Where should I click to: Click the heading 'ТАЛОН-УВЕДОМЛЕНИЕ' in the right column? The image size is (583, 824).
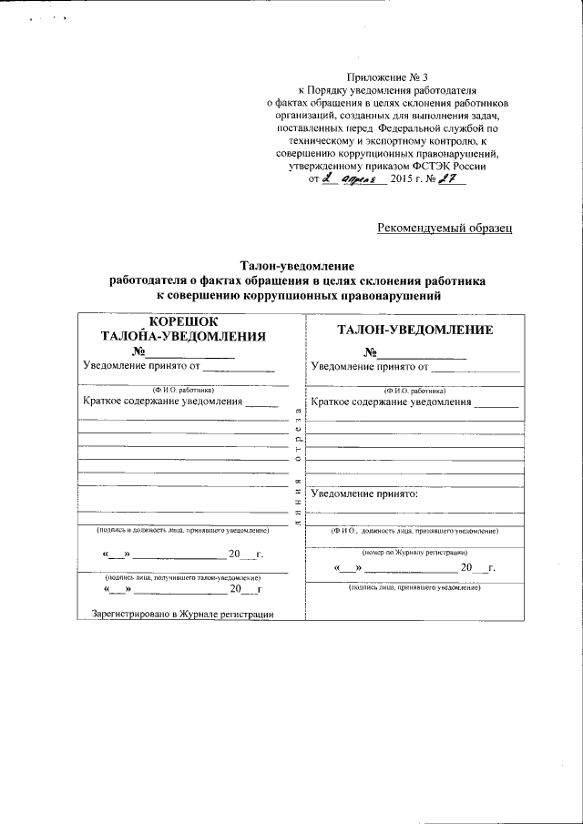click(415, 331)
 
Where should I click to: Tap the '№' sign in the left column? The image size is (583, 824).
click(138, 352)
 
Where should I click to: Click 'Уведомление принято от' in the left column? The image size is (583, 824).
click(140, 367)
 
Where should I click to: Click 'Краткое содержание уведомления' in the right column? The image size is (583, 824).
click(391, 402)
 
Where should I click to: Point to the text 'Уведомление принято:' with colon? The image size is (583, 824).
click(364, 494)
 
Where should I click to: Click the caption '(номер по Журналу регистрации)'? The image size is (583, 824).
click(414, 553)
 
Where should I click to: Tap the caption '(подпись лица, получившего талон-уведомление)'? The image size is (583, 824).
click(183, 577)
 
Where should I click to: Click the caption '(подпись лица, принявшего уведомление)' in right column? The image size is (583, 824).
click(414, 588)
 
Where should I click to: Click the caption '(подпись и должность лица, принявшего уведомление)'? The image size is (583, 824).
click(183, 530)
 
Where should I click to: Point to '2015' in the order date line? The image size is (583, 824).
click(401, 179)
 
